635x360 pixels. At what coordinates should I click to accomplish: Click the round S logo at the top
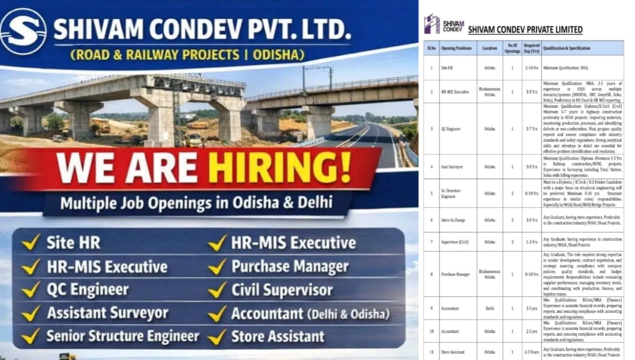coord(23,31)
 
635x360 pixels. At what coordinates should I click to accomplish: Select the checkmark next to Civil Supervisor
coord(217,290)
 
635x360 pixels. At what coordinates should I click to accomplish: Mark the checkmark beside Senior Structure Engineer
coord(31,336)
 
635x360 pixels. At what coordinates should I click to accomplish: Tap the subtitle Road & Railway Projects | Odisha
coord(188,55)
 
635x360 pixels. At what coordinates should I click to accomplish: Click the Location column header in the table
coord(489,48)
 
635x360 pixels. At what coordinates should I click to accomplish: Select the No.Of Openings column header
coord(512,48)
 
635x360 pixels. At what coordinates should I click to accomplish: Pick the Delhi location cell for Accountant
coord(489,308)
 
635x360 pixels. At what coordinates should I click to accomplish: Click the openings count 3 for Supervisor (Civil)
coord(512,242)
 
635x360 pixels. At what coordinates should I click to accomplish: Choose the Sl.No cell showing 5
coord(432,193)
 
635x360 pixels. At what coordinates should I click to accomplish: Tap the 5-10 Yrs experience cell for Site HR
coord(531,68)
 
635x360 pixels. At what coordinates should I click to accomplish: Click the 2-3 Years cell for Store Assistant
coord(531,352)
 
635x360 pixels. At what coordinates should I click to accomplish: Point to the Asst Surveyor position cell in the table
coord(452,166)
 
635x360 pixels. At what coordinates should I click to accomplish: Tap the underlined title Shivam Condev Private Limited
coord(525,30)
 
